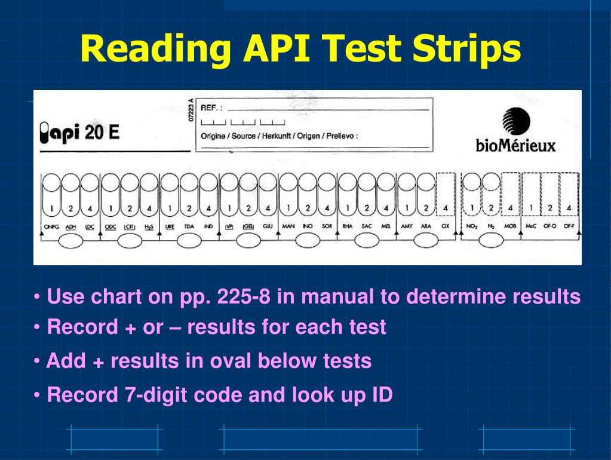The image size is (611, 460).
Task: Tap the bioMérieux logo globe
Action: click(515, 122)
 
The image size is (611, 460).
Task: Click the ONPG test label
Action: click(52, 226)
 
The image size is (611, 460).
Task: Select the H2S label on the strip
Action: click(149, 226)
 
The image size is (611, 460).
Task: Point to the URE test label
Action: click(170, 226)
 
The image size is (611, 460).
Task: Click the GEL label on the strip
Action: click(248, 226)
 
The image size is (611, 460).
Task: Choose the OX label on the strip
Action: click(445, 226)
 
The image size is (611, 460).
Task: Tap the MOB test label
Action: click(509, 226)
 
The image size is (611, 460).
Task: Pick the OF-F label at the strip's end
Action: click(569, 226)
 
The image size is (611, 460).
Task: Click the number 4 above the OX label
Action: click(445, 208)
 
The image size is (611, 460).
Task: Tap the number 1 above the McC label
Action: click(530, 208)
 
